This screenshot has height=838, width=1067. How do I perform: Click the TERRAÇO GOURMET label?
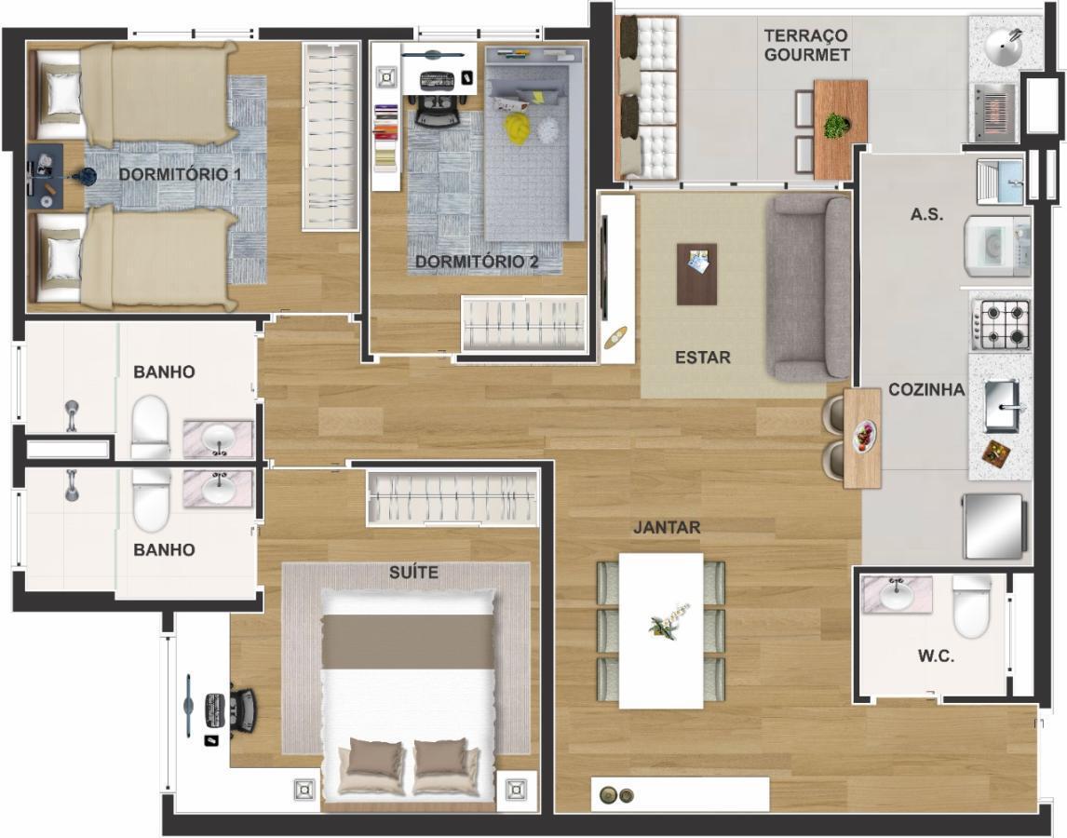coord(806,45)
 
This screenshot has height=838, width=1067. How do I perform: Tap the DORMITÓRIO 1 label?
coord(180,174)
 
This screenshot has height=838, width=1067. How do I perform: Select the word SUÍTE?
coord(413,573)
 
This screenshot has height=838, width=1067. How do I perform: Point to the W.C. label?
coord(936,656)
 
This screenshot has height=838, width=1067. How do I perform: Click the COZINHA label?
coord(926,390)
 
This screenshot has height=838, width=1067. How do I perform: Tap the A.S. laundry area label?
coord(926,214)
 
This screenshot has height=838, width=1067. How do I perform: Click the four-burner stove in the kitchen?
coord(1000,325)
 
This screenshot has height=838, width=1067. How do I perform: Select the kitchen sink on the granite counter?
coord(1002,406)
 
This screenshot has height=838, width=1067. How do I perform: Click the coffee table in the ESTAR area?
coord(696,275)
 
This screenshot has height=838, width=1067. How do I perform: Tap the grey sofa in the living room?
coord(808,288)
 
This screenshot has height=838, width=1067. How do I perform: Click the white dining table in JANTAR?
coord(661,630)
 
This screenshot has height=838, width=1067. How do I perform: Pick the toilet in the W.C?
coord(970,606)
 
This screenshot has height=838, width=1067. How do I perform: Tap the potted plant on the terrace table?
coord(836,126)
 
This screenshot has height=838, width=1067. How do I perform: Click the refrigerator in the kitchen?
coord(993,525)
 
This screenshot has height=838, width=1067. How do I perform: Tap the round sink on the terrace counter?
coord(1003,47)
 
